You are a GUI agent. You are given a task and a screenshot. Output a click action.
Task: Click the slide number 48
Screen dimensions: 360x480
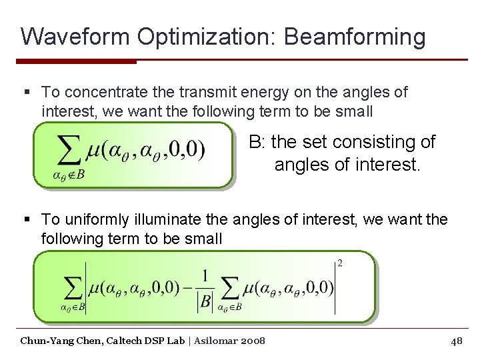click(x=457, y=341)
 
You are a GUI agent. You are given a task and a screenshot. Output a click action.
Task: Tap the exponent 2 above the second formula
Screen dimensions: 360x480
click(x=340, y=263)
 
